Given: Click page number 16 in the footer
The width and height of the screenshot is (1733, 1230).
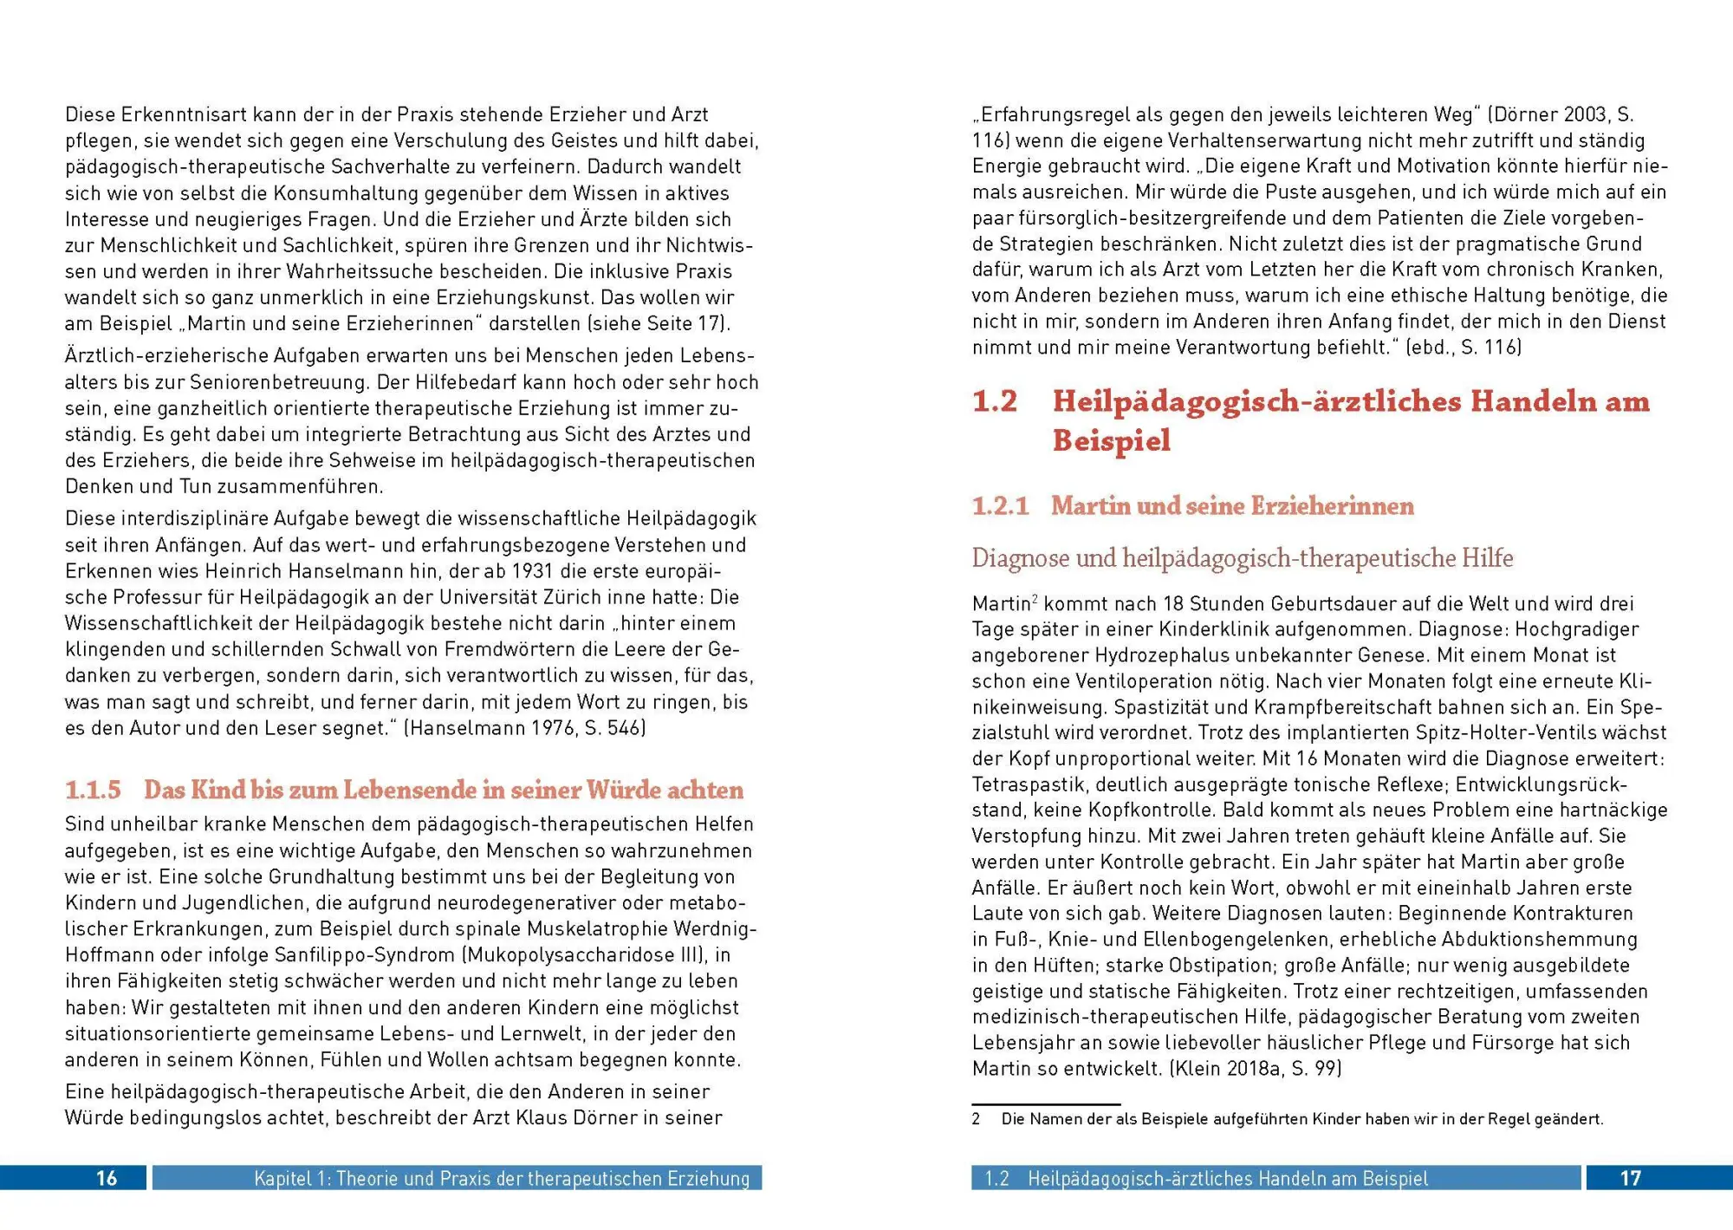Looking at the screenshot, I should pos(106,1178).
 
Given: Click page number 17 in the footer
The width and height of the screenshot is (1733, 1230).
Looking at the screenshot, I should pos(1630,1178).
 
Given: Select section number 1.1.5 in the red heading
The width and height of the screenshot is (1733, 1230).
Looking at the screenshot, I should pos(93,790).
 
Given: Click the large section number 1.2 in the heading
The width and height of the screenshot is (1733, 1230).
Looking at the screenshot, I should pos(994,401).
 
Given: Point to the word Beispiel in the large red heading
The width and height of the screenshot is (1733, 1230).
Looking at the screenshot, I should pos(1111,440).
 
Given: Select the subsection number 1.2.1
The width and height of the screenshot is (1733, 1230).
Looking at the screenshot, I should pos(1000,505).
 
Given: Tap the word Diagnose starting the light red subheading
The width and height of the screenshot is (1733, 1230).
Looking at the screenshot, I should pos(1021,557).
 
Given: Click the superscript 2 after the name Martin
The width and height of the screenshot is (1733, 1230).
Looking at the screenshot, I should pos(1035,598).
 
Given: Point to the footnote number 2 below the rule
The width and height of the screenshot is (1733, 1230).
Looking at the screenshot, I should pos(977,1119).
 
